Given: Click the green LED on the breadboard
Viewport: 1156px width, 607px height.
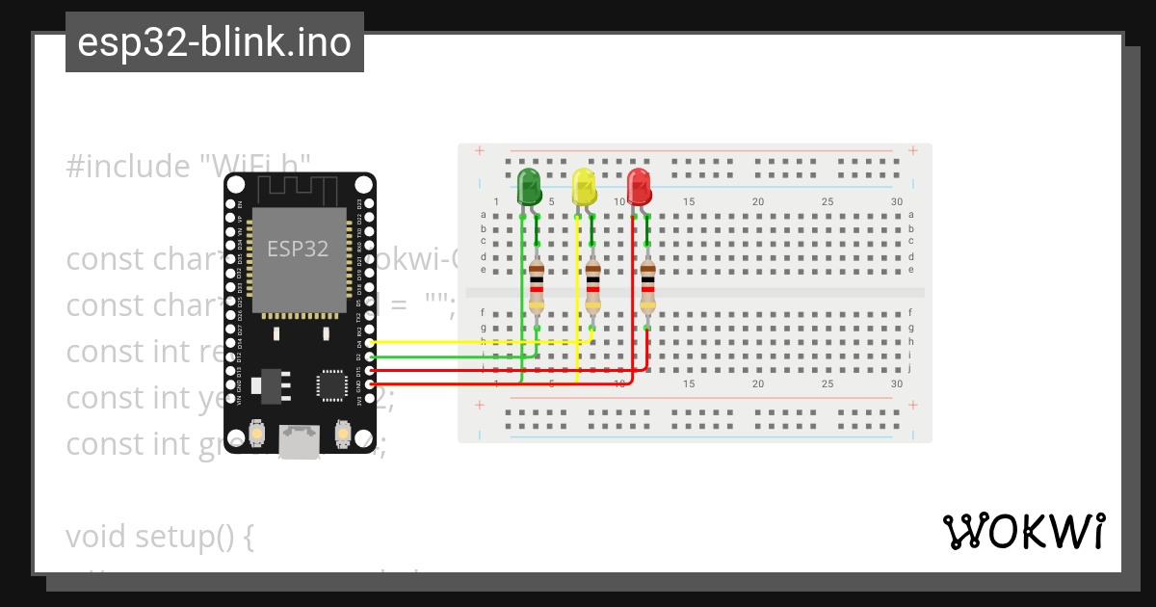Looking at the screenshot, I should coord(529,186).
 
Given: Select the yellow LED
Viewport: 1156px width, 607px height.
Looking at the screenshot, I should coord(584,186).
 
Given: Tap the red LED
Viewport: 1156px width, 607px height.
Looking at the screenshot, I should coord(639,186).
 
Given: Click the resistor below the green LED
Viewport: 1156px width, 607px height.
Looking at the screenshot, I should coord(537,286).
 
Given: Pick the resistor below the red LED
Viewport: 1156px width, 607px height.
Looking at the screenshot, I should coord(647,286).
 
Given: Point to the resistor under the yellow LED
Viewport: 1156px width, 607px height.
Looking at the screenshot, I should coord(592,286).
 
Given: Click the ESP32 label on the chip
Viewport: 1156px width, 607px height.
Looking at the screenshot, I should coord(298,249).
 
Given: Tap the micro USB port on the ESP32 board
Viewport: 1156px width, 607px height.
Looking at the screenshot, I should coord(300,442).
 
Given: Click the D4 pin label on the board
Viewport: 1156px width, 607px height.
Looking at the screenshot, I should coord(359,342).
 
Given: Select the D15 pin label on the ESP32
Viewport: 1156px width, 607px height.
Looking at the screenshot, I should coord(359,371).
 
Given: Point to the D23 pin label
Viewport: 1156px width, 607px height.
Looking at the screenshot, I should coord(359,204).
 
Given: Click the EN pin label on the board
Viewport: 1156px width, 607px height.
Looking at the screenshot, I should coord(240,204).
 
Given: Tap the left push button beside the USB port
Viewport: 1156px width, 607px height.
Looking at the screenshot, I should coord(256,435).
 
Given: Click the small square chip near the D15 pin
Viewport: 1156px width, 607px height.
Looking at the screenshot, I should coord(331,384).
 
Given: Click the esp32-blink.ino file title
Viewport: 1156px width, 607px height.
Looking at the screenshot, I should coord(214,42).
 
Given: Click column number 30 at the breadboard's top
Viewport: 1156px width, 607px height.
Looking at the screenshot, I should coord(897,201).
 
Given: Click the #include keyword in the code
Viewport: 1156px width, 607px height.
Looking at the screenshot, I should coord(128,166).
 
